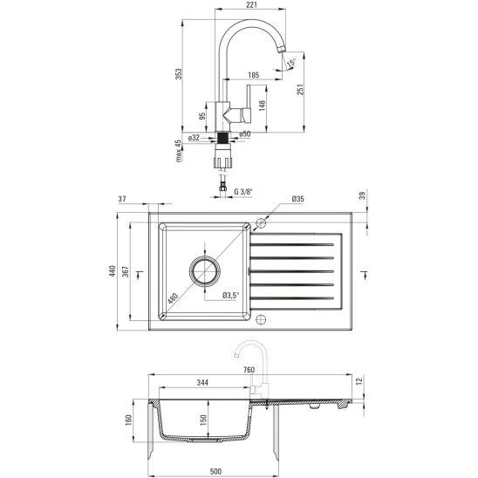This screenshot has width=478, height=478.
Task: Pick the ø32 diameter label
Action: pos(195,136)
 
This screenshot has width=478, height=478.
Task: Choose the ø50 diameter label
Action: pos(246,134)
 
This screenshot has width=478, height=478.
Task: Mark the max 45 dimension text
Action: pos(178,152)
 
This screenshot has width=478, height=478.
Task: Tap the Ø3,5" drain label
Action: pos(231,296)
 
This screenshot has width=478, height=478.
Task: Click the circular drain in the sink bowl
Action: pos(206,270)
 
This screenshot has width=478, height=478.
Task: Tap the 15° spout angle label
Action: pos(290,61)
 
